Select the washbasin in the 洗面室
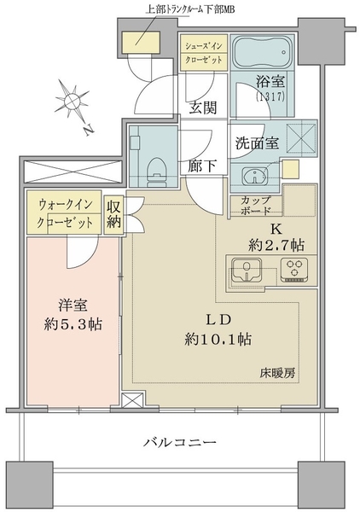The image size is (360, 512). pyautogui.click(x=255, y=176)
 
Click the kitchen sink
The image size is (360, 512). pyautogui.click(x=246, y=270)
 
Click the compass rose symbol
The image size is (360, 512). pyautogui.click(x=71, y=100)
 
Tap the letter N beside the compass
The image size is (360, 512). pyautogui.click(x=88, y=130)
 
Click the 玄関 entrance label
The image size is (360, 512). pyautogui.click(x=203, y=108)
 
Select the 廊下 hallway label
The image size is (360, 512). pyautogui.click(x=202, y=166)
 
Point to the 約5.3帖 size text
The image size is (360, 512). pyautogui.click(x=73, y=324)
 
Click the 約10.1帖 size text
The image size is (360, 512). pyautogui.click(x=218, y=340)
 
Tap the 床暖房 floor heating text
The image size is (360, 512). pyautogui.click(x=277, y=373)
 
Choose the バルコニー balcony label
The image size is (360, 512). pyautogui.click(x=180, y=442)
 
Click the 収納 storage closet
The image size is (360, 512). pyautogui.click(x=114, y=214)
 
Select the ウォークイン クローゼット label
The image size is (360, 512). pyautogui.click(x=65, y=214)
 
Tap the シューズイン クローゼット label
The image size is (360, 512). pyautogui.click(x=204, y=52)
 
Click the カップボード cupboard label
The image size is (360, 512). pyautogui.click(x=256, y=206)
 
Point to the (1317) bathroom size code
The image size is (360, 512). pyautogui.click(x=270, y=96)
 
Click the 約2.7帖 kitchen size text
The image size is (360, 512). pyautogui.click(x=276, y=245)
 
